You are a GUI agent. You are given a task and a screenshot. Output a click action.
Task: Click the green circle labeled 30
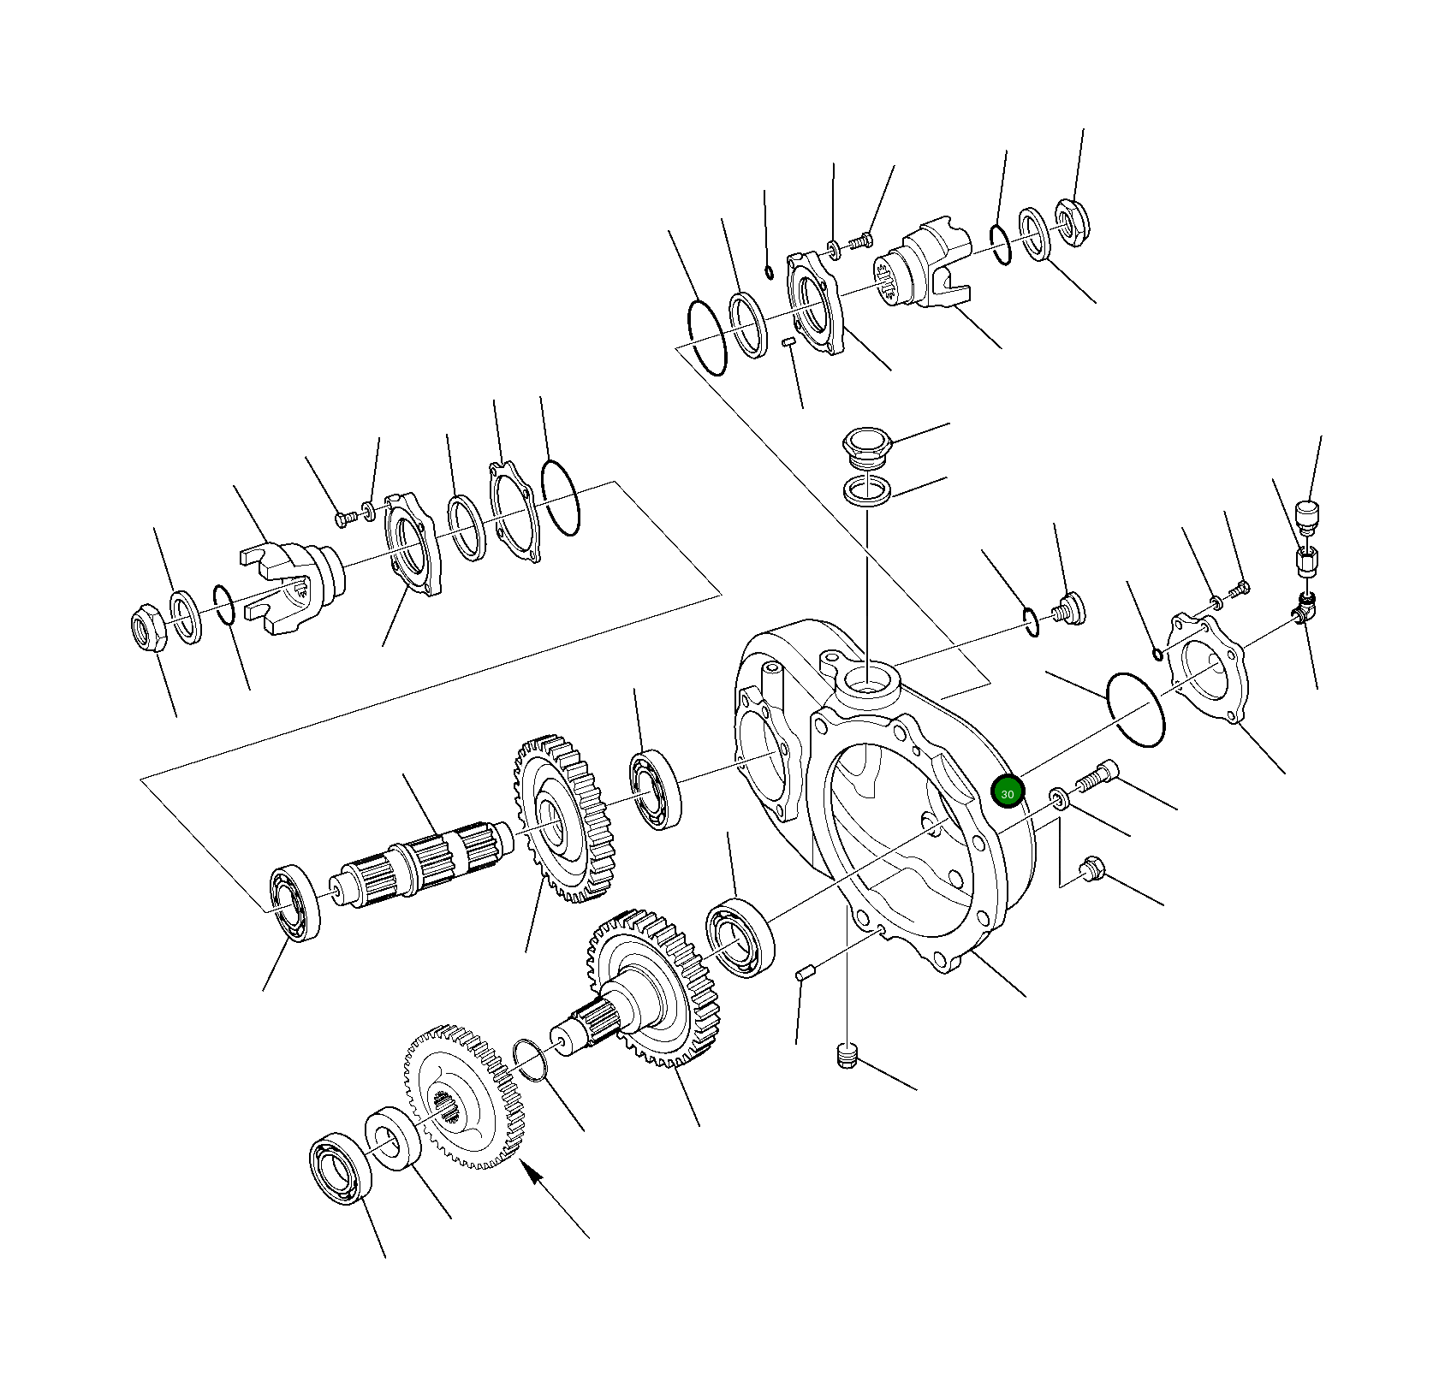tap(1007, 792)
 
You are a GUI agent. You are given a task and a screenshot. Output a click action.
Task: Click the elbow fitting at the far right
tap(1304, 608)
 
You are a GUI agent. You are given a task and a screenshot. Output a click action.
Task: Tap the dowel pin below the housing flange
tap(804, 973)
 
